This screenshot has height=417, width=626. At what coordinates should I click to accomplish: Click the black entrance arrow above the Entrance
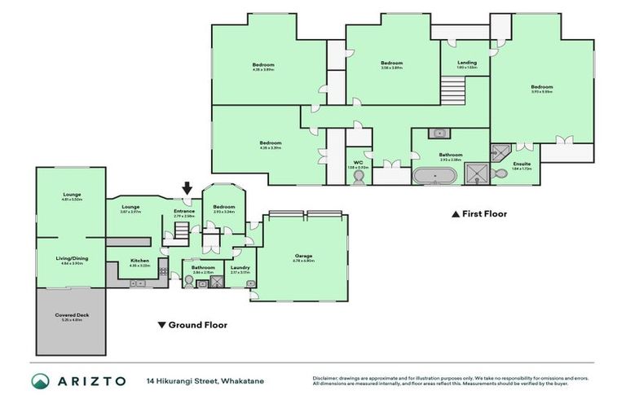[187, 191]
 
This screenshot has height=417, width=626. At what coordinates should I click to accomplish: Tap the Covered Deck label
[71, 316]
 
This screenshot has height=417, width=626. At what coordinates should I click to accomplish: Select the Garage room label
[303, 256]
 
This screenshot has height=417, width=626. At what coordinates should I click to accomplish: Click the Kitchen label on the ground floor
[140, 261]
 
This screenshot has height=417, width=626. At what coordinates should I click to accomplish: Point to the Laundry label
[240, 267]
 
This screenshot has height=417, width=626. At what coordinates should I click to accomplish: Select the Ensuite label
[522, 165]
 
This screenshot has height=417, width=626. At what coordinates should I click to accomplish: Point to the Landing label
[466, 63]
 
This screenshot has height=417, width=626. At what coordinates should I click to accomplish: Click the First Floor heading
[483, 214]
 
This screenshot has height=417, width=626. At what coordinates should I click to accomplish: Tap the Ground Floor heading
[197, 325]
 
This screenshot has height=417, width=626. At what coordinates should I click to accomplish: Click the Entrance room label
[185, 212]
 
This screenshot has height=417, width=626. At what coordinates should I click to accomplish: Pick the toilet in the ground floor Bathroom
[189, 282]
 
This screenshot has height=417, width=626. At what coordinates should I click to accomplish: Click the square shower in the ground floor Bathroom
[218, 282]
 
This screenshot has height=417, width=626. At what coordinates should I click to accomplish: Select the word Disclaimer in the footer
[327, 378]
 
